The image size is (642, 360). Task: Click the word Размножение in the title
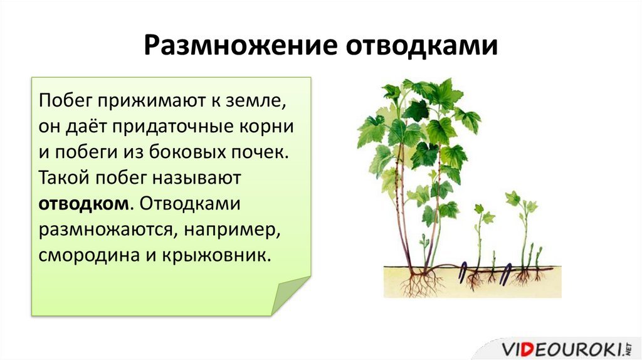240,45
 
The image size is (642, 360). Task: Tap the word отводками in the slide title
422,45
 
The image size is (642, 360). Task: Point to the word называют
196,178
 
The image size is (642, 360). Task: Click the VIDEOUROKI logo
565,350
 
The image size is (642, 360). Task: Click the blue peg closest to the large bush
463,272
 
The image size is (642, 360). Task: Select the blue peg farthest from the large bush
507,273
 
